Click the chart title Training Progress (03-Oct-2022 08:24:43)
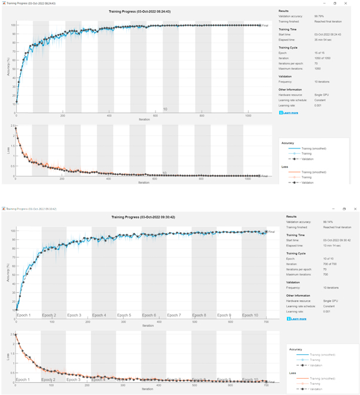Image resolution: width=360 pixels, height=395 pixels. click(x=139, y=11)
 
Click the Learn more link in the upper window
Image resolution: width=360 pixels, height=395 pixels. click(x=290, y=113)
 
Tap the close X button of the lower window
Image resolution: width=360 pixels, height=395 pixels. click(x=355, y=209)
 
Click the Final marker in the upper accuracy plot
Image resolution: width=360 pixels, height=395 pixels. click(x=264, y=26)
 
